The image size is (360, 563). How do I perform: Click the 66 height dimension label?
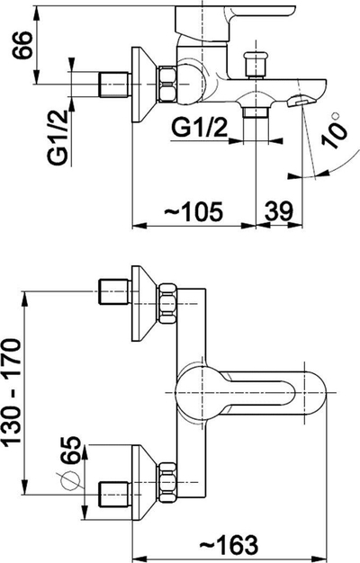point(22,45)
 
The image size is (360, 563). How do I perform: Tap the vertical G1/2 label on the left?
point(57,138)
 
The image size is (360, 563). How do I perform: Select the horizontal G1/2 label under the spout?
point(200,128)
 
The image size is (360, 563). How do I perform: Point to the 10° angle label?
point(335,130)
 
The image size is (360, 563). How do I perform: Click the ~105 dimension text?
point(193,212)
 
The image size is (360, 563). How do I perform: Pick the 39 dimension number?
point(279,211)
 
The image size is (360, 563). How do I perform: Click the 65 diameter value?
point(70,451)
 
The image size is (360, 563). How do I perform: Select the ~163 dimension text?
point(229,544)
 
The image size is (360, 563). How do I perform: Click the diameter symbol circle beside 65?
point(70,481)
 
